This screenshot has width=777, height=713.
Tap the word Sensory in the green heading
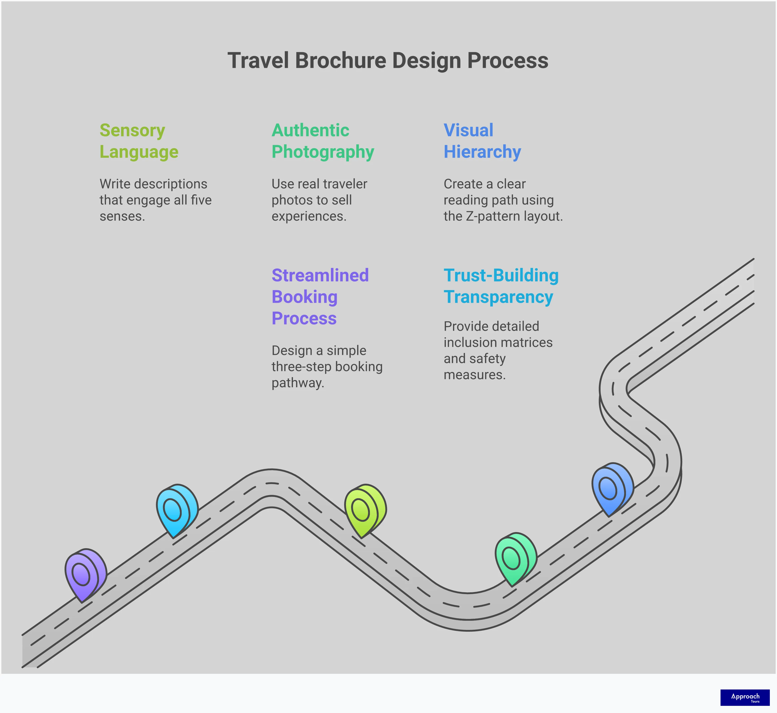click(x=132, y=130)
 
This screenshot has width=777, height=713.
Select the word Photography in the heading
click(x=323, y=152)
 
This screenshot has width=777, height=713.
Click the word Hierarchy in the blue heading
click(x=482, y=152)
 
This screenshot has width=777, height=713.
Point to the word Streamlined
click(x=320, y=275)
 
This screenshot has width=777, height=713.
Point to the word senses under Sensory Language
click(x=122, y=217)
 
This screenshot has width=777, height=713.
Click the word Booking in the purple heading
click(x=304, y=297)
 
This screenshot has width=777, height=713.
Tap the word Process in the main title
click(x=507, y=61)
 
